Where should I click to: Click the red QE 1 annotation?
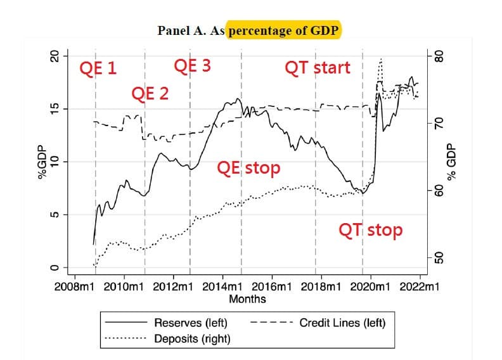98,68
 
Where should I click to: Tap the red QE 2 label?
150,93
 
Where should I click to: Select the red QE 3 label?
193,66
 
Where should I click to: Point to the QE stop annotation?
248,168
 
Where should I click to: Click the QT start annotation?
318,68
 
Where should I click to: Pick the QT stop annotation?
370,230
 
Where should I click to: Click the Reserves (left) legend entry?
167,322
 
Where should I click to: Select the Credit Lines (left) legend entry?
318,323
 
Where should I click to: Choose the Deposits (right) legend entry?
168,338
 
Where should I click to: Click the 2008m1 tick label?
74,286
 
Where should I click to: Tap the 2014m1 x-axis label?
222,286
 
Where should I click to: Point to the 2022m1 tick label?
420,286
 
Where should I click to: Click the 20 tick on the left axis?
55,56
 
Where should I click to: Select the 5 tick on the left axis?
55,215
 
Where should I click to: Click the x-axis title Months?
247,299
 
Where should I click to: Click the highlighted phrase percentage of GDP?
284,30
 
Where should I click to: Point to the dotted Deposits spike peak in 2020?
381,59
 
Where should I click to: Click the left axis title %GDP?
42,162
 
